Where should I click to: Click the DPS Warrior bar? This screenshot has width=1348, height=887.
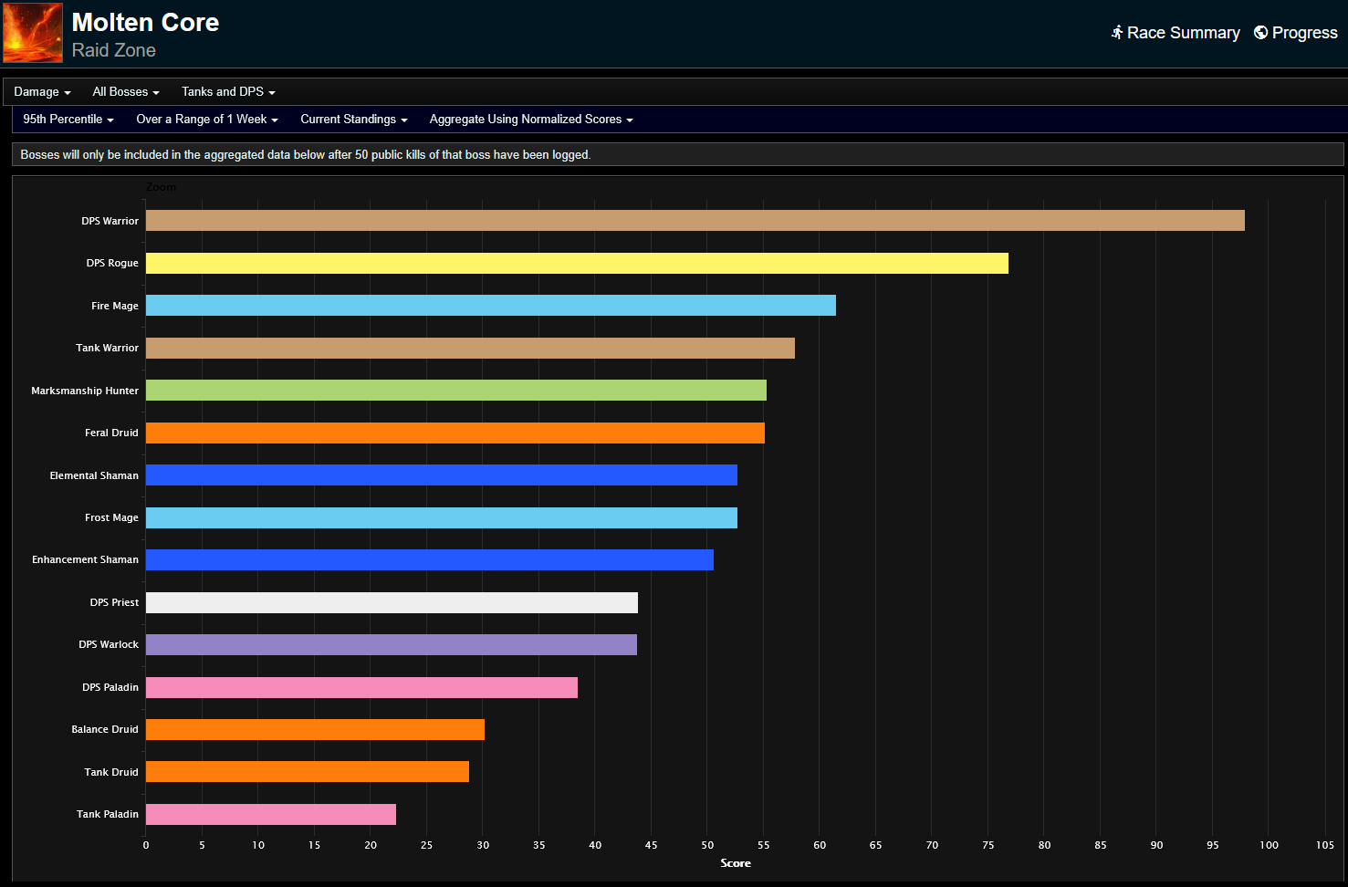pyautogui.click(x=695, y=220)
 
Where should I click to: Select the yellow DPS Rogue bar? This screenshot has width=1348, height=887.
pyautogui.click(x=577, y=263)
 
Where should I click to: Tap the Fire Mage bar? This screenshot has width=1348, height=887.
pyautogui.click(x=490, y=306)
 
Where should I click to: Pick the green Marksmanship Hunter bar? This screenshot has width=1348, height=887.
pyautogui.click(x=455, y=391)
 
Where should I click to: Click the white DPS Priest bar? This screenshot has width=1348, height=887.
pyautogui.click(x=392, y=602)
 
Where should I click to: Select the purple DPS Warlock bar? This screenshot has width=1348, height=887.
pyautogui.click(x=391, y=645)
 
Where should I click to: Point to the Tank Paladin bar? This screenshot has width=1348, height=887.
pyautogui.click(x=270, y=814)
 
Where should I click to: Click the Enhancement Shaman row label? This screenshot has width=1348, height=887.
pyautogui.click(x=85, y=560)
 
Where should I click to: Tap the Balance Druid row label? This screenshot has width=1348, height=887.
pyautogui.click(x=105, y=730)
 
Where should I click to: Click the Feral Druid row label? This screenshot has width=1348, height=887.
pyautogui.click(x=111, y=433)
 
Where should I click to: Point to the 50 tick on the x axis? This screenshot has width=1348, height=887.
pyautogui.click(x=707, y=845)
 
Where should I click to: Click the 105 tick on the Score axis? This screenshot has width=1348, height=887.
pyautogui.click(x=1324, y=845)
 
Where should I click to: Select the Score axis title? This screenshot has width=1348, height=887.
pyautogui.click(x=736, y=863)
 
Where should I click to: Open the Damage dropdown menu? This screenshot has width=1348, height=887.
pyautogui.click(x=42, y=92)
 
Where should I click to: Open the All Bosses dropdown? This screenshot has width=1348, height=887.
pyautogui.click(x=126, y=92)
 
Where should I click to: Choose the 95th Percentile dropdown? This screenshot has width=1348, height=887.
pyautogui.click(x=68, y=120)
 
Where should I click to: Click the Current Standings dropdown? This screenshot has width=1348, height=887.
pyautogui.click(x=354, y=120)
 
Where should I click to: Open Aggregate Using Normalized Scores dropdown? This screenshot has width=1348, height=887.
pyautogui.click(x=531, y=120)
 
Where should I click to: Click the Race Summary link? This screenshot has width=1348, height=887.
pyautogui.click(x=1176, y=33)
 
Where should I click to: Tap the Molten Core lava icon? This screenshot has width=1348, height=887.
pyautogui.click(x=33, y=33)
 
